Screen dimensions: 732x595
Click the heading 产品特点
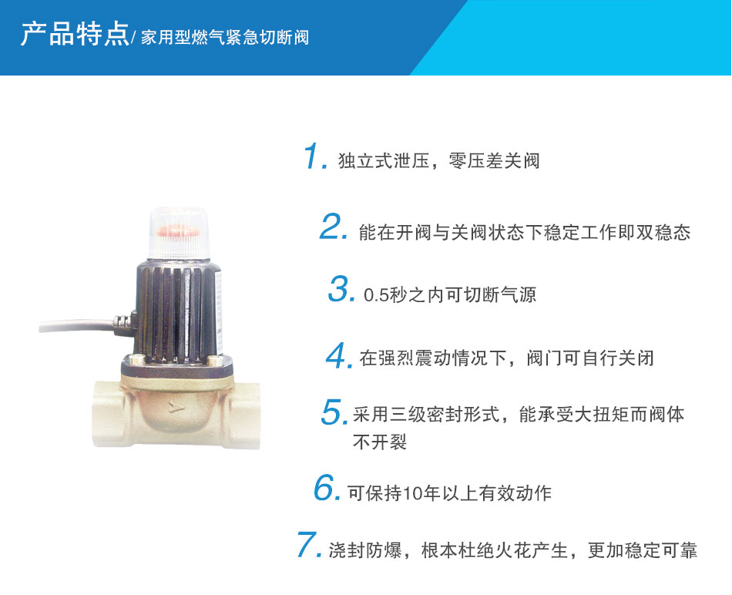pyautogui.click(x=74, y=34)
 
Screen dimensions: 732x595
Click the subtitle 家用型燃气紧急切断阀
pyautogui.click(x=225, y=37)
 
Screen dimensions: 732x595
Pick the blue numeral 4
pyautogui.click(x=336, y=355)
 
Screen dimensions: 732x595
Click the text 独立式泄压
pyautogui.click(x=384, y=160)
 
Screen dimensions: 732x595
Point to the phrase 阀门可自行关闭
pyautogui.click(x=590, y=358)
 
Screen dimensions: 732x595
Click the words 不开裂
pyautogui.click(x=380, y=442)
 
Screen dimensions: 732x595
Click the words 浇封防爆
pyautogui.click(x=365, y=550)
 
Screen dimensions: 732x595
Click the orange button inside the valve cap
pyautogui.click(x=178, y=231)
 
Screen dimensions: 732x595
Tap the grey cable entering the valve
pyautogui.click(x=77, y=324)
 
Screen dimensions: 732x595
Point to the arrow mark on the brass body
pyautogui.click(x=175, y=407)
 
